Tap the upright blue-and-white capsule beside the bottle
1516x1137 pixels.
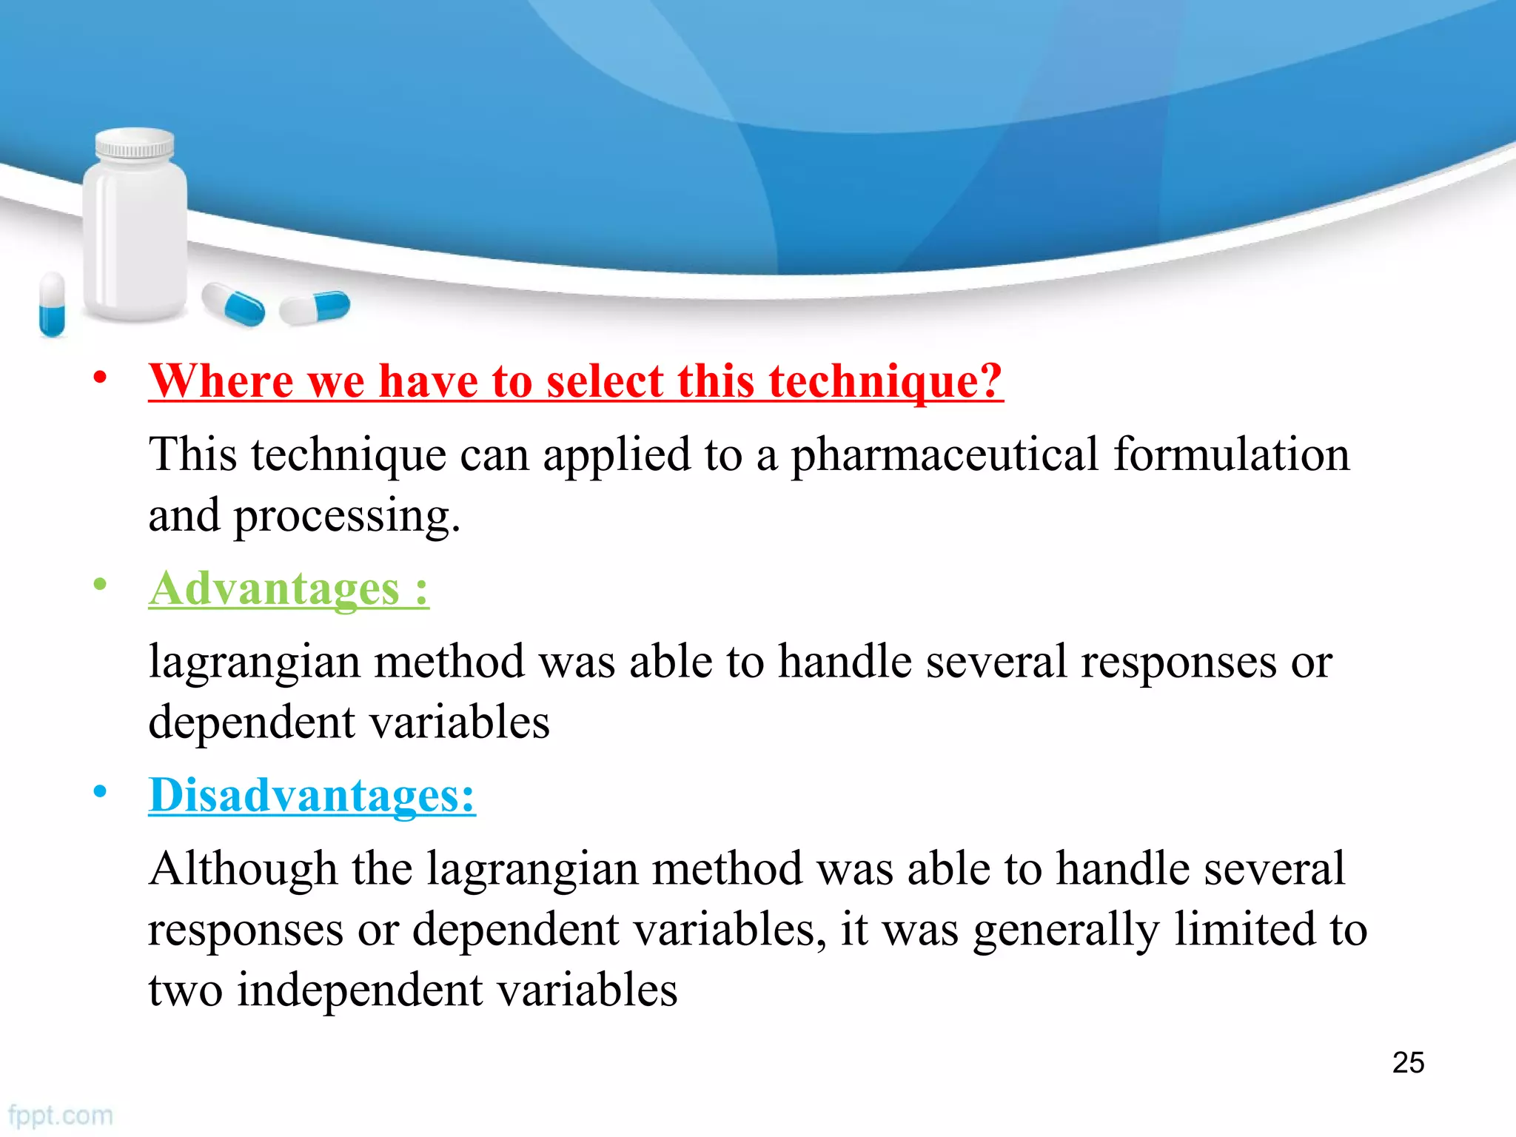point(52,304)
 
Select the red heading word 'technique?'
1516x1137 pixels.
point(885,382)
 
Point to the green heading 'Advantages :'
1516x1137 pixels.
point(289,589)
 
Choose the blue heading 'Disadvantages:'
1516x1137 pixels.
point(312,796)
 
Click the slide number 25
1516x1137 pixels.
point(1408,1062)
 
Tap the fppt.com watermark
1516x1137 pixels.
point(61,1115)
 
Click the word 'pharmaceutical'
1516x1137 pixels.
point(945,456)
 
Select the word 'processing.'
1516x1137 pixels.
point(347,517)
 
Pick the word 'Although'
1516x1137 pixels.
point(243,869)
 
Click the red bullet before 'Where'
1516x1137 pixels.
point(100,378)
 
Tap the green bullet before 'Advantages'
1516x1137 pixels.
point(100,585)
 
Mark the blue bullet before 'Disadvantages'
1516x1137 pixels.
point(100,792)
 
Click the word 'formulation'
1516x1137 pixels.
point(1232,455)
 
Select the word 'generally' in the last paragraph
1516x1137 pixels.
point(1066,931)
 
